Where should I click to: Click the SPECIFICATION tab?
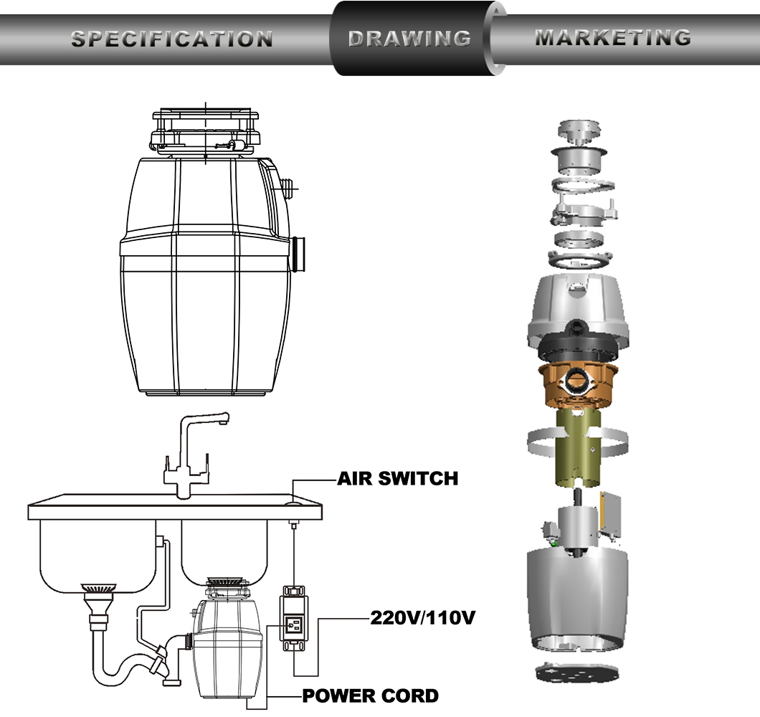pyautogui.click(x=171, y=39)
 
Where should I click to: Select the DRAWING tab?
pyautogui.click(x=409, y=38)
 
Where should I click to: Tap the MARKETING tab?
pyautogui.click(x=613, y=37)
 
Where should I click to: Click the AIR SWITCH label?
pyautogui.click(x=397, y=478)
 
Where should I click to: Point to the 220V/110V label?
pyautogui.click(x=422, y=617)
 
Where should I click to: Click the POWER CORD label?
pyautogui.click(x=370, y=695)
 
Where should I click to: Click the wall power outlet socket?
pyautogui.click(x=294, y=625)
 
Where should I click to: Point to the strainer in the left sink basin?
pyautogui.click(x=98, y=589)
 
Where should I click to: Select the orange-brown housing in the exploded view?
pyautogui.click(x=578, y=384)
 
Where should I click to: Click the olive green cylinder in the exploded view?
pyautogui.click(x=578, y=447)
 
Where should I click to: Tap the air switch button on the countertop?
pyautogui.click(x=293, y=504)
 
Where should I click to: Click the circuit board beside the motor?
pyautogui.click(x=611, y=515)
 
